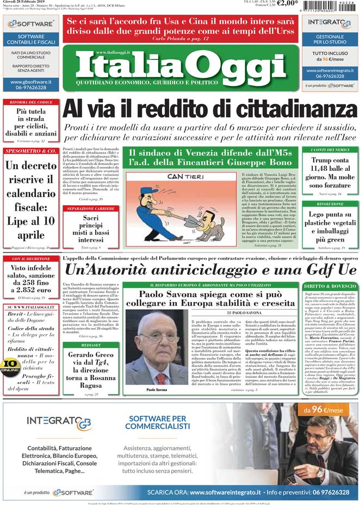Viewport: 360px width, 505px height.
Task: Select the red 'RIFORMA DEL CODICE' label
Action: (30, 102)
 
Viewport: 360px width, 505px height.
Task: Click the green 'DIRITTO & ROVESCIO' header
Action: (330, 286)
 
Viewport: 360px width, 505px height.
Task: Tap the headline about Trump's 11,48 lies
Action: (330, 173)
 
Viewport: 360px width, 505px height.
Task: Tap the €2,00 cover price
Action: (287, 3)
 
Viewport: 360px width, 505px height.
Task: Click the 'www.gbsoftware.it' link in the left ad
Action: (30, 82)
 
